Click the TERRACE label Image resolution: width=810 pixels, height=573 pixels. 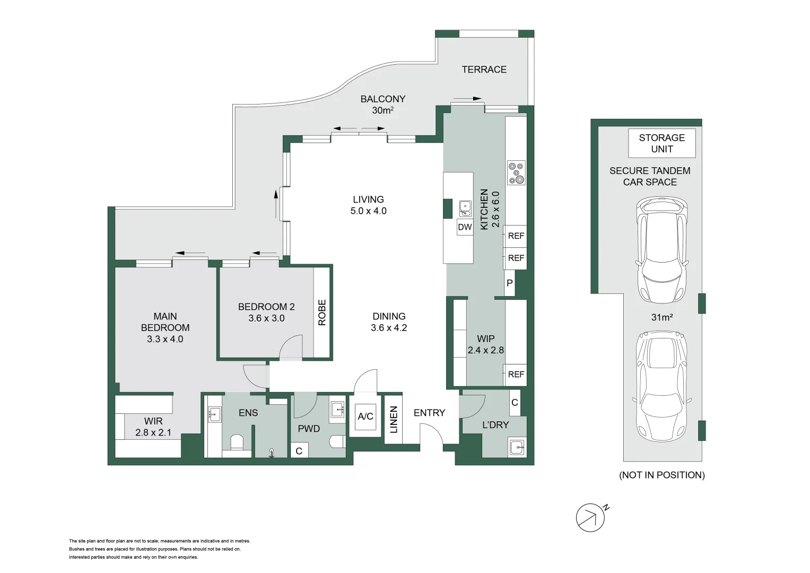pyautogui.click(x=484, y=70)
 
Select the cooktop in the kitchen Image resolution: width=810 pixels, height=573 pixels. pyautogui.click(x=516, y=172)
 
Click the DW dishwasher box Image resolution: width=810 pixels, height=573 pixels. pyautogui.click(x=465, y=227)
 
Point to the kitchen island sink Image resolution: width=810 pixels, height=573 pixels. pyautogui.click(x=465, y=209)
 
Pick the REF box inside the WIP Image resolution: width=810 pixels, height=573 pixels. pyautogui.click(x=516, y=375)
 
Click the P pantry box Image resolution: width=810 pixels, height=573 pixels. pyautogui.click(x=510, y=283)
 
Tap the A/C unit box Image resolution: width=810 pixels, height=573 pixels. pyautogui.click(x=365, y=416)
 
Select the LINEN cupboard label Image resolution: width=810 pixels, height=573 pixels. pyautogui.click(x=394, y=420)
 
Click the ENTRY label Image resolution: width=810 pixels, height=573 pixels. pyautogui.click(x=429, y=413)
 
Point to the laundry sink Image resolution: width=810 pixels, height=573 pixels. pyautogui.click(x=517, y=447)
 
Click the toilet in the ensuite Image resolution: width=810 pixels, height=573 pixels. pyautogui.click(x=238, y=441)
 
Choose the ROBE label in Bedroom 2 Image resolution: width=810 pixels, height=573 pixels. pyautogui.click(x=322, y=312)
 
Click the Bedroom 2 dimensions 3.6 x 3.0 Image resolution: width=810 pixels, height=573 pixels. pyautogui.click(x=266, y=318)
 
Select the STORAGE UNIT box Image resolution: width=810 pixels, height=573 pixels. pyautogui.click(x=662, y=143)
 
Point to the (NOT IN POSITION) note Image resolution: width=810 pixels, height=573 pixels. pyautogui.click(x=662, y=475)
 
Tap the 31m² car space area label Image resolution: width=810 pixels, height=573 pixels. pyautogui.click(x=662, y=317)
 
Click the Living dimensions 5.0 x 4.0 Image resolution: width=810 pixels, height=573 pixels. pyautogui.click(x=369, y=211)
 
